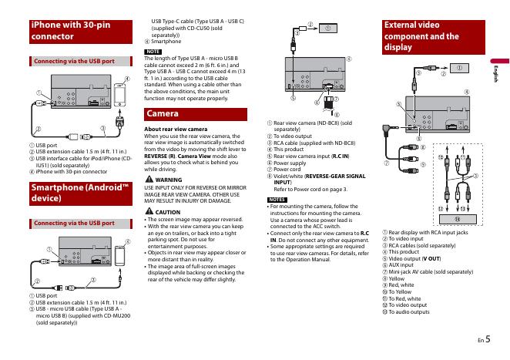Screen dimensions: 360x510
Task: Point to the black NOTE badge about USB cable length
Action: coord(153,51)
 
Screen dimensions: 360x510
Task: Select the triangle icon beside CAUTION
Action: coord(149,211)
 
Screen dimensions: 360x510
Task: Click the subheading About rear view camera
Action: coord(176,129)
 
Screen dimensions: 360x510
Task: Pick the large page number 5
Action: coord(488,338)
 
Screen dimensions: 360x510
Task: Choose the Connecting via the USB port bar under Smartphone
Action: coord(71,224)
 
